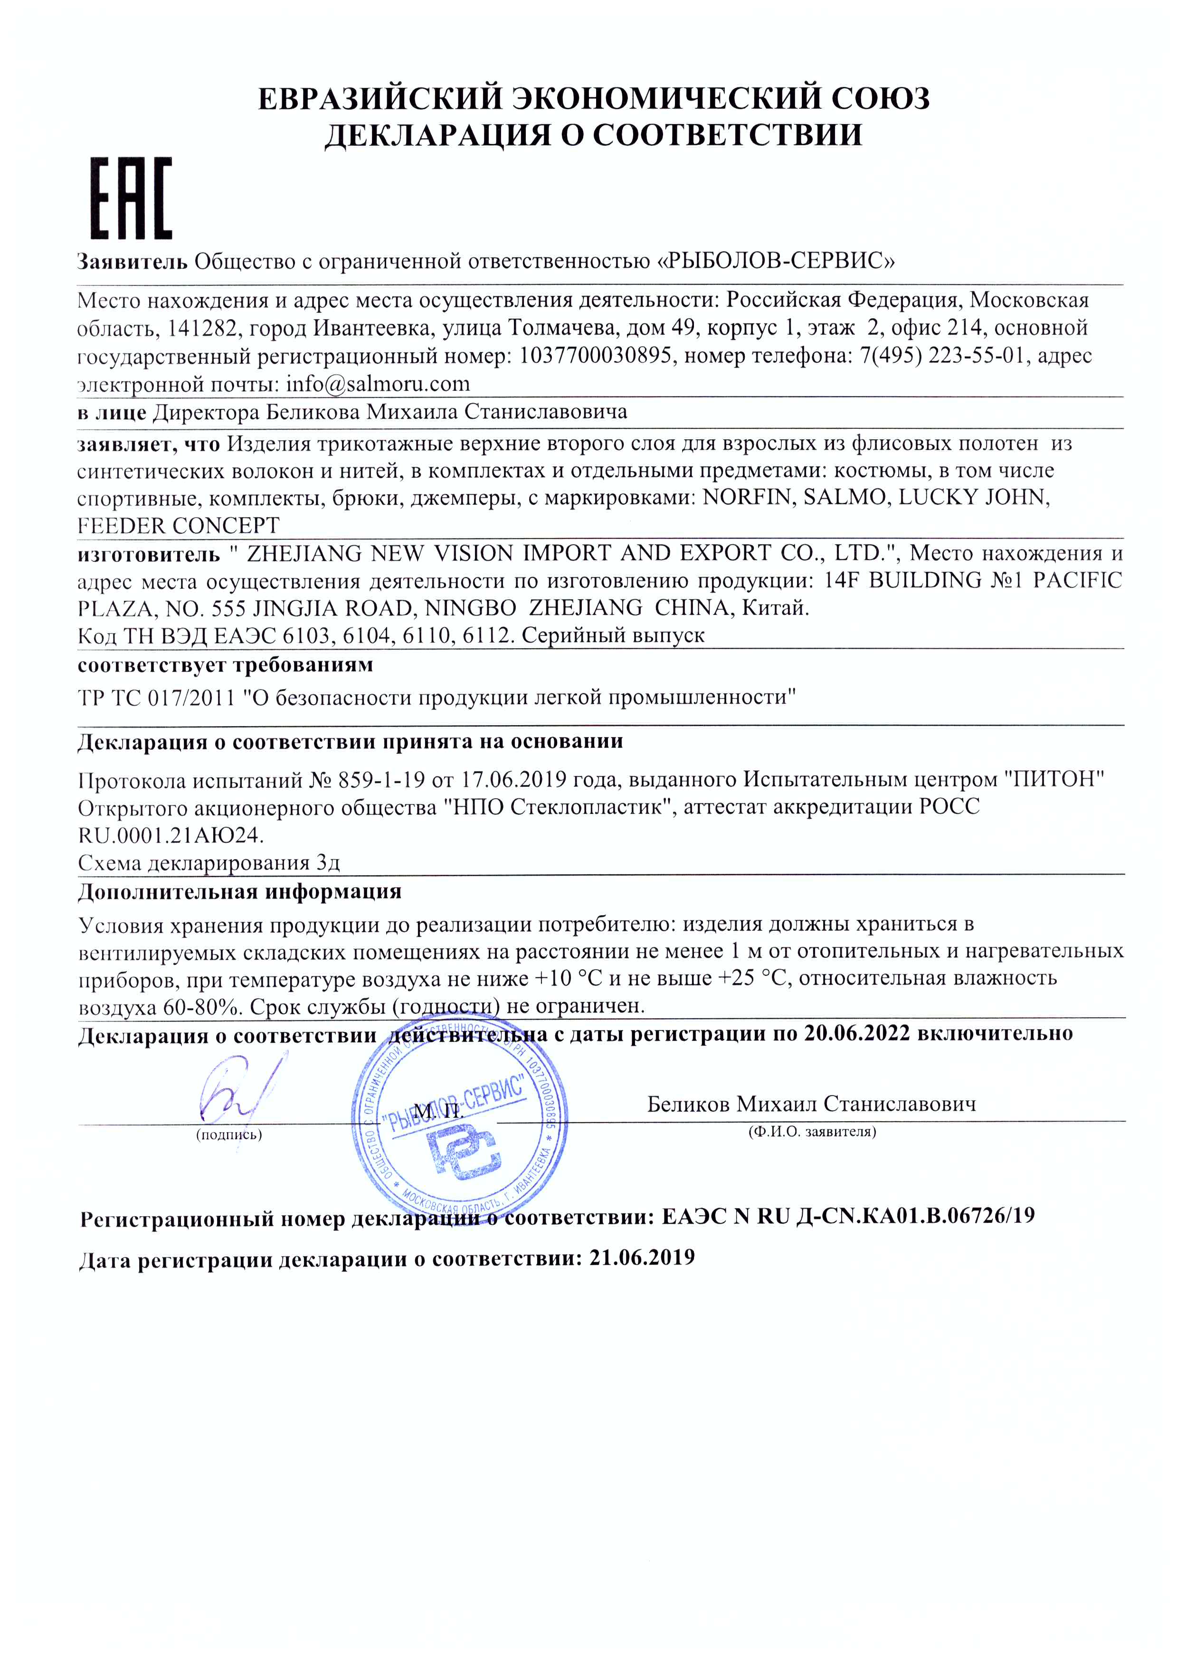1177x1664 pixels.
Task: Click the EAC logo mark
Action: [x=131, y=198]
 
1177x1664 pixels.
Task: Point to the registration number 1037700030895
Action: [x=595, y=356]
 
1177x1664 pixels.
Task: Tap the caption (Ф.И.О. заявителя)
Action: [x=812, y=1131]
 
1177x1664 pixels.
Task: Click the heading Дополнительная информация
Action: [x=239, y=891]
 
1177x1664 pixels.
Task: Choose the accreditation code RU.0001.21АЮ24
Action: [x=171, y=835]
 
